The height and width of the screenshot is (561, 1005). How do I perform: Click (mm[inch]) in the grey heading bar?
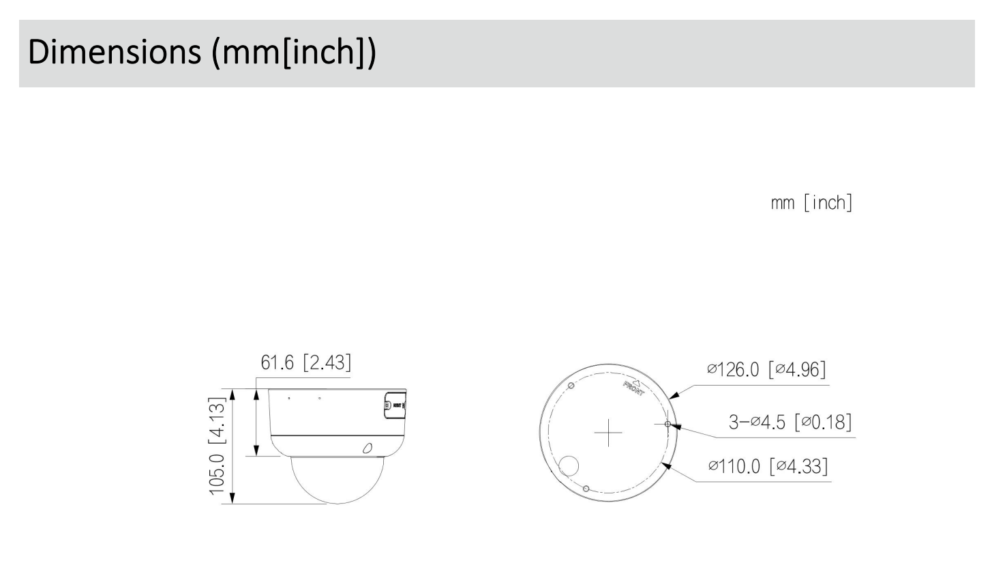point(294,53)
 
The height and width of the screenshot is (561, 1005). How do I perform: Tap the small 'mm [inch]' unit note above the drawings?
point(811,203)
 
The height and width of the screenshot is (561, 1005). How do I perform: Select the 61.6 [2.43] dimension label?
point(306,362)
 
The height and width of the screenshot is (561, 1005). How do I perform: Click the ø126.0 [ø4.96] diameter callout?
point(766,369)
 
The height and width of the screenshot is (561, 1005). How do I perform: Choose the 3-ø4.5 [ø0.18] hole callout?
point(790,422)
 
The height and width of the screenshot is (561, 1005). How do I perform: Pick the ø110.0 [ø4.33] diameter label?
point(768,466)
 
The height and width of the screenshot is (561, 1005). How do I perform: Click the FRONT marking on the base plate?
point(633,388)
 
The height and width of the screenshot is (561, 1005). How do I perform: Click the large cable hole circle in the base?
point(568,466)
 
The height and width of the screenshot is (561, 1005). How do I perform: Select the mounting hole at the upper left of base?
point(571,386)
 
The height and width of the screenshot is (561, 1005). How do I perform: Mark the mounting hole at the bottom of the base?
point(586,488)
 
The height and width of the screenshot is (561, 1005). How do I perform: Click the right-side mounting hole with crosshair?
point(667,424)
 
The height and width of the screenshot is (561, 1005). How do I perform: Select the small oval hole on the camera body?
point(367,448)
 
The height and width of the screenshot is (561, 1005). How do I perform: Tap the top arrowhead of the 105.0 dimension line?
point(232,395)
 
